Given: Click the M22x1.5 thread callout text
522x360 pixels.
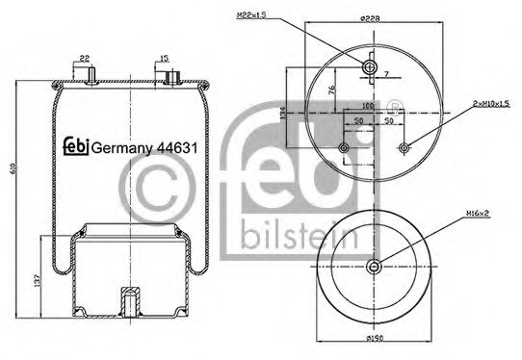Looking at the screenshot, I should point(249,14).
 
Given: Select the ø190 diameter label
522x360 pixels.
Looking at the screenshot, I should point(377,339).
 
